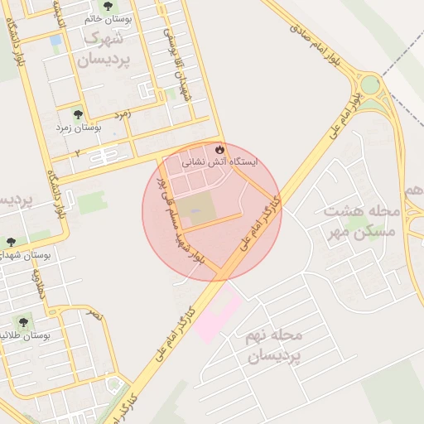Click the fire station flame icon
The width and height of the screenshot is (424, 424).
click(x=219, y=150)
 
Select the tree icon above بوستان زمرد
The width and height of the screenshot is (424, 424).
click(x=78, y=115)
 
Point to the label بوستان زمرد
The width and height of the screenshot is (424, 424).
click(x=78, y=128)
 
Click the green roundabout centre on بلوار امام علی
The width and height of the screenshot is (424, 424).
click(x=369, y=84)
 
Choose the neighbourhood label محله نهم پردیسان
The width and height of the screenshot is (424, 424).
click(x=276, y=346)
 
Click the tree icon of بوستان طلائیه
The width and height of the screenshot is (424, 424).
click(x=22, y=321)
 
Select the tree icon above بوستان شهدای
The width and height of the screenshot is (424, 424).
click(x=10, y=243)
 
